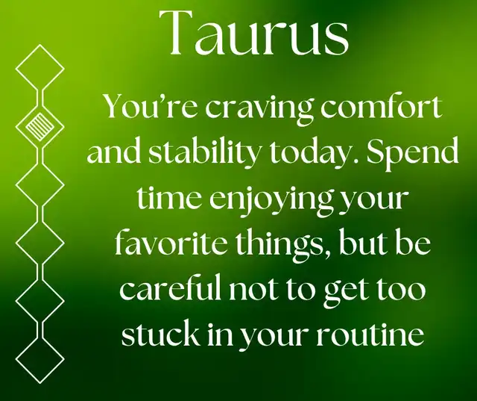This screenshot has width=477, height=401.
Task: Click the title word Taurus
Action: pos(254,34)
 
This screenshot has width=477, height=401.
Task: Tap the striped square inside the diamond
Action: pos(40,126)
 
